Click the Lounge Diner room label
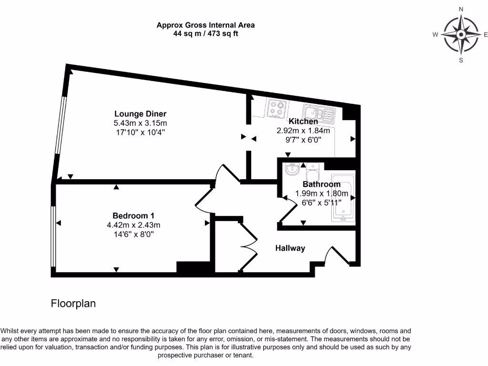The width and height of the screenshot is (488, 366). click(x=140, y=113)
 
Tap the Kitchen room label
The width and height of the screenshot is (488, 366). click(x=303, y=122)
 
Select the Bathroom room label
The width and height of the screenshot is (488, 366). click(x=322, y=184)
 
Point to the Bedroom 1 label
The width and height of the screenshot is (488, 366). click(x=133, y=215)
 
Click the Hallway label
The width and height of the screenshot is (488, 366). click(x=290, y=248)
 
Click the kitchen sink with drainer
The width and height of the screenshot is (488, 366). click(x=319, y=113)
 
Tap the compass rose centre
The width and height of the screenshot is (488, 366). click(x=461, y=34)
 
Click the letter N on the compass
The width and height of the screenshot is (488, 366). click(x=461, y=9)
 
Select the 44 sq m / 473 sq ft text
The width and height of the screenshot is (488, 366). click(x=205, y=34)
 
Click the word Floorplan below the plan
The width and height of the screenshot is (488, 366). click(x=73, y=304)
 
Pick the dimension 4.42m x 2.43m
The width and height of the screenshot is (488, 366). click(x=133, y=225)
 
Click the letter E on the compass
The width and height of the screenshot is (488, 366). click(x=486, y=34)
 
